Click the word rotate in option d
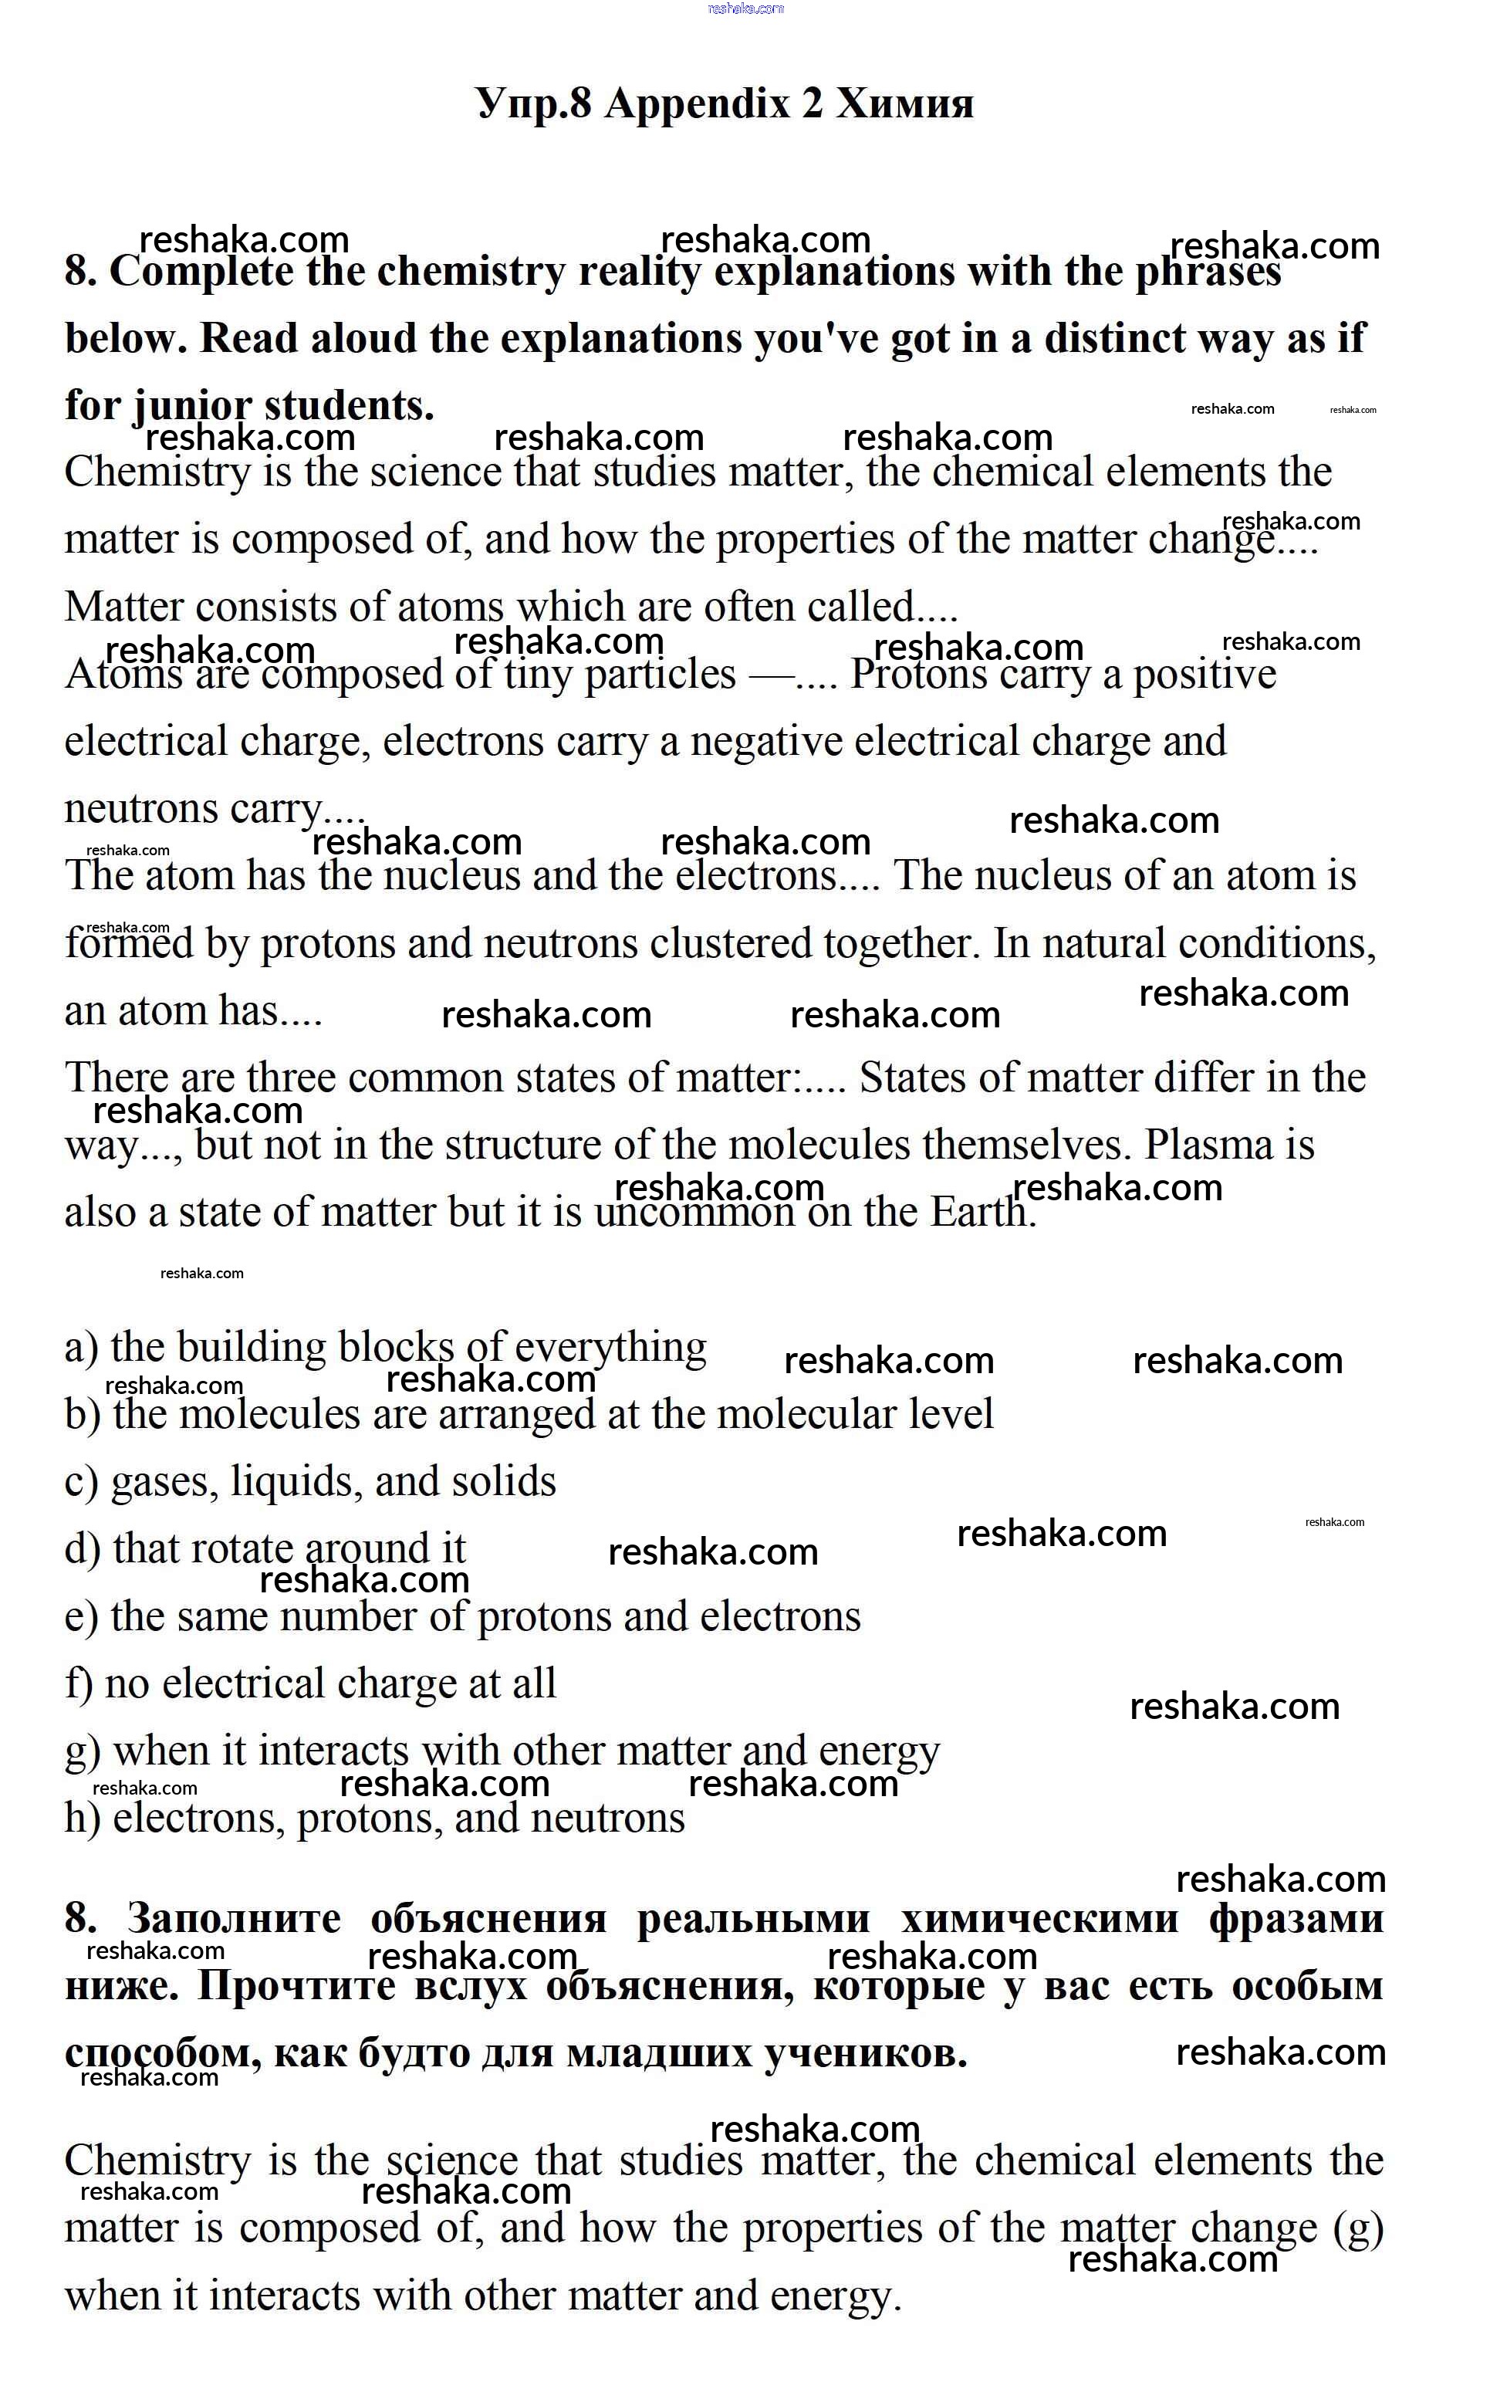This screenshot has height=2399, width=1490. coord(242,1549)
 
